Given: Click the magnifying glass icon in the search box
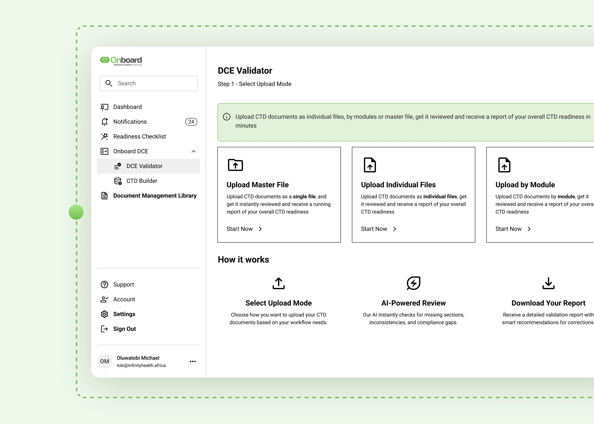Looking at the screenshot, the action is coord(109,83).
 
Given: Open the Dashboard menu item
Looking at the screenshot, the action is coord(127,107).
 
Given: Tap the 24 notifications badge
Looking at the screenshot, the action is coord(191,122).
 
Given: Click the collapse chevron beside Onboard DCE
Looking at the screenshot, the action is coord(194,151).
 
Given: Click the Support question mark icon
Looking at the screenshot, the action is coord(105,285).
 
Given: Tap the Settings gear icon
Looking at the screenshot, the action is coord(105,314).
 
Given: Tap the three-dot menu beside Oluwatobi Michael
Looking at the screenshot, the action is coord(193,361).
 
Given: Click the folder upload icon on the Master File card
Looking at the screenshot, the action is coord(235,165).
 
